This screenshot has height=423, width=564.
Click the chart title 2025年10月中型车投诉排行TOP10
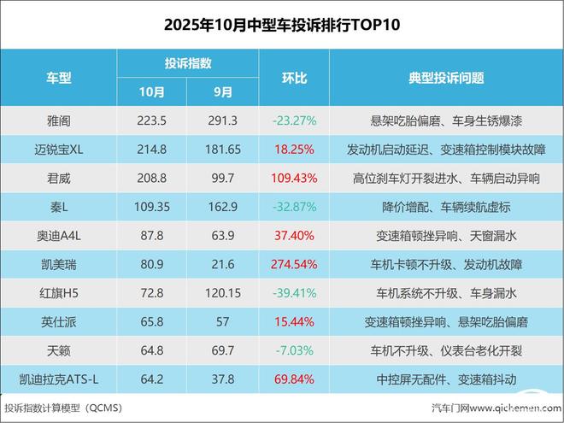[281, 25]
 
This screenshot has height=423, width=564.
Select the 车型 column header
[58, 78]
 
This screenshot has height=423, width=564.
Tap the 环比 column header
[294, 78]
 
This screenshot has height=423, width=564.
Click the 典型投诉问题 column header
[446, 78]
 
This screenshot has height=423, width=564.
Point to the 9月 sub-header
[222, 91]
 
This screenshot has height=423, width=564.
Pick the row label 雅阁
[58, 120]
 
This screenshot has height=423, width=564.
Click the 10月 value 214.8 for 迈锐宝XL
[151, 150]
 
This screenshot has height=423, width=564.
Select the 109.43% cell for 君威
[294, 179]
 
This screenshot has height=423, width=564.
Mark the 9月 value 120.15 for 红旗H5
[222, 293]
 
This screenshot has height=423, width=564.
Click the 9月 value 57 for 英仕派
[222, 321]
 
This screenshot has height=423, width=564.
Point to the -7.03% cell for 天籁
[294, 350]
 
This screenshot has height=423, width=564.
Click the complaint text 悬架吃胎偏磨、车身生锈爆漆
[446, 120]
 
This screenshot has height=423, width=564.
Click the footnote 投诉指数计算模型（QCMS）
[64, 408]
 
